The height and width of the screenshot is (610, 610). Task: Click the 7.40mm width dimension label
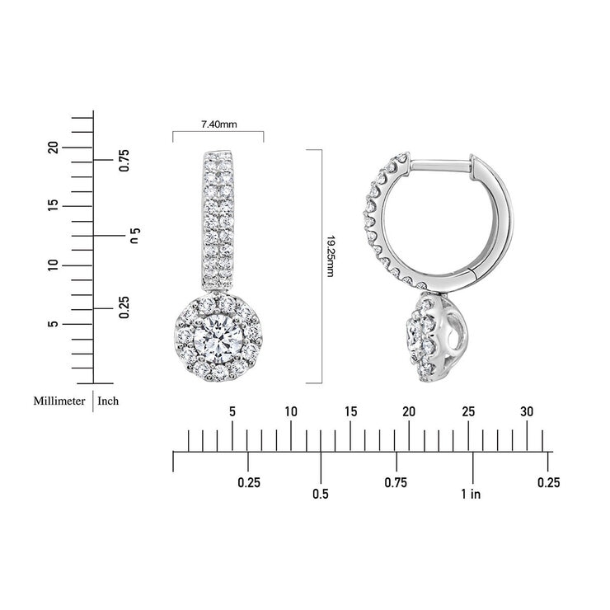coord(218,124)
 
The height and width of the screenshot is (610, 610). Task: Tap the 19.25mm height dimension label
coord(331,256)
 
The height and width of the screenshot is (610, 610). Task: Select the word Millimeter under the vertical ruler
coord(59,401)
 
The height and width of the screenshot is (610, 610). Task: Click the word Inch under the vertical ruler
coord(108,401)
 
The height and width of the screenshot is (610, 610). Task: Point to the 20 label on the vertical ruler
coord(53,148)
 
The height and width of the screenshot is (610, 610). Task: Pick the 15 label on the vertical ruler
coord(53,205)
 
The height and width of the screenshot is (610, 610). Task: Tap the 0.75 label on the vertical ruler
coord(124,160)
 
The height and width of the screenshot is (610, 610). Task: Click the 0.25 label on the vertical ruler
coord(124,307)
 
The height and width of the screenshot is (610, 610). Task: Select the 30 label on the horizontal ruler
coord(527,411)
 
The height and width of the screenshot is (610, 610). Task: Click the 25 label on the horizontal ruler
coord(468,411)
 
